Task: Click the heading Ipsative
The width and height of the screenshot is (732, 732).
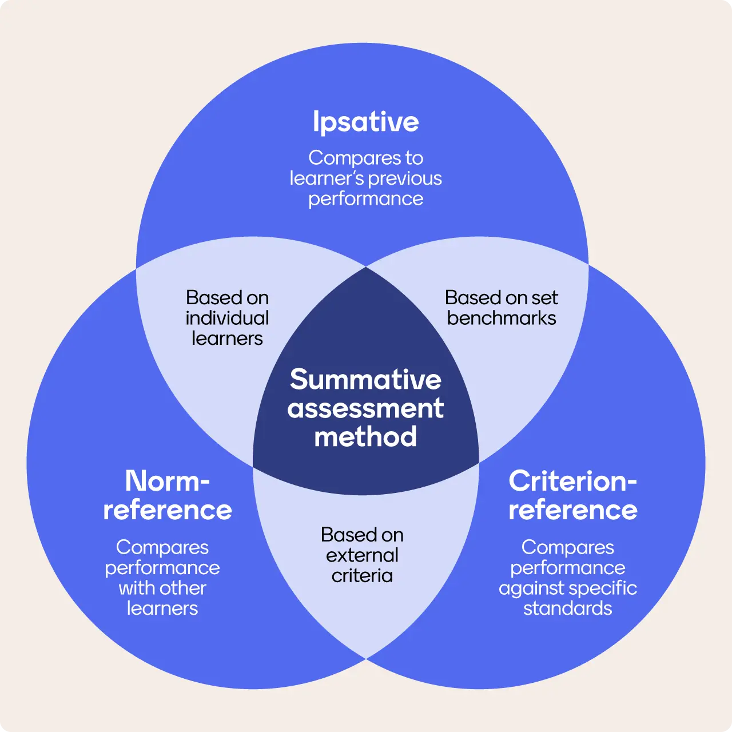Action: [366, 122]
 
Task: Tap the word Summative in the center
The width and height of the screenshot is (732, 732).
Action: [366, 379]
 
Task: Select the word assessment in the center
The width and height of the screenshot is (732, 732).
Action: [365, 408]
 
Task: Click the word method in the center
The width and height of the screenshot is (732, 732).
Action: [365, 436]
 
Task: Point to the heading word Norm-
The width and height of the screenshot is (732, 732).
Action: [168, 481]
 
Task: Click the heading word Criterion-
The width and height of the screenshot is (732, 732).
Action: [573, 481]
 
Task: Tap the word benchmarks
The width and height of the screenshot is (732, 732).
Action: [502, 319]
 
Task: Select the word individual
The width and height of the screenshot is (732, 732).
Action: [227, 319]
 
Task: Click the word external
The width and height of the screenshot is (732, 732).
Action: [362, 556]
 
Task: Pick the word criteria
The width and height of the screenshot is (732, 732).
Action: [362, 576]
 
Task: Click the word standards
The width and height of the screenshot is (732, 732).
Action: [567, 608]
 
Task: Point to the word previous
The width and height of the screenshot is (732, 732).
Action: [405, 178]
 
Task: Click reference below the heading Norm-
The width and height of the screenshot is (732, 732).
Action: [168, 510]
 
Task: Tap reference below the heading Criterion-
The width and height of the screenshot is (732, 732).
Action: [573, 510]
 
